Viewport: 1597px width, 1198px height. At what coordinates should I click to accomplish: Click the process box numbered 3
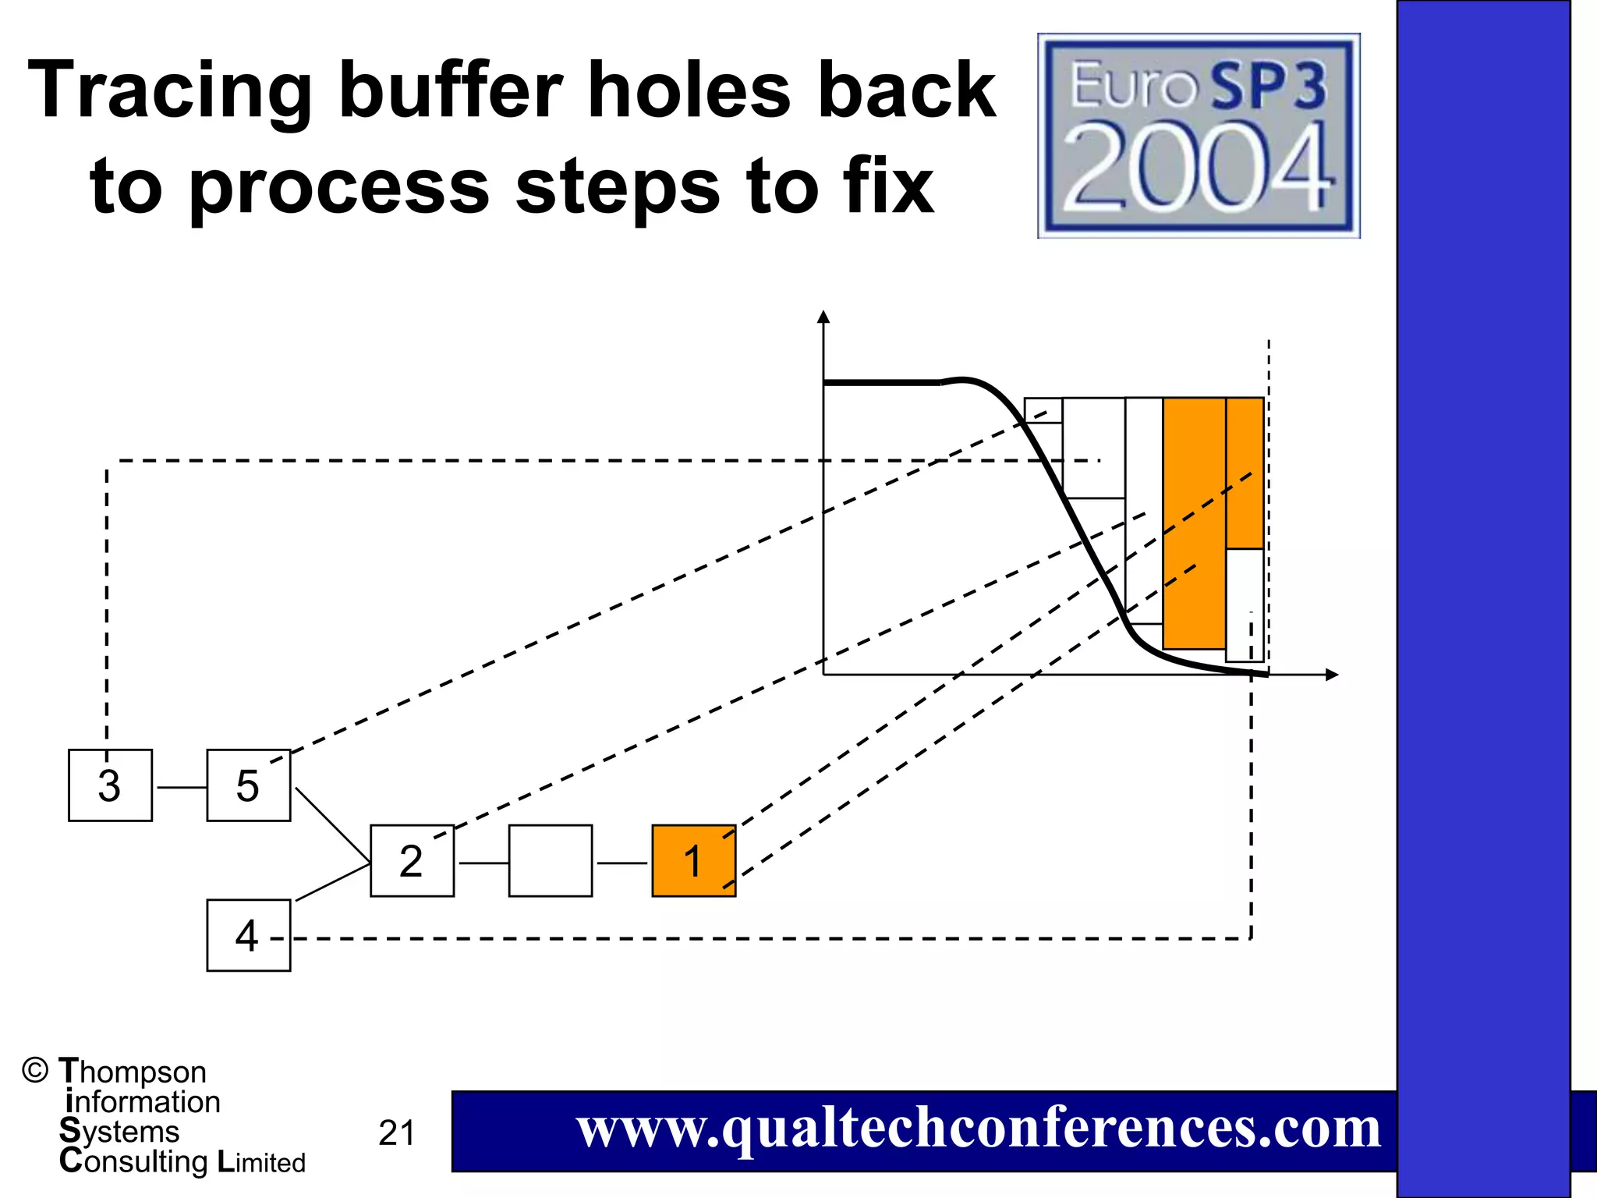(x=110, y=785)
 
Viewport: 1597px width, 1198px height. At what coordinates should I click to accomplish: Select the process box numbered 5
(x=248, y=785)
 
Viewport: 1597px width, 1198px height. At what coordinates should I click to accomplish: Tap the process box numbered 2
(x=412, y=861)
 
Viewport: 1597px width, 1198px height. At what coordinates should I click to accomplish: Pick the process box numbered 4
(x=248, y=935)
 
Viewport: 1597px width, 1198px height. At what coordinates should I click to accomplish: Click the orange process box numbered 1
(x=693, y=861)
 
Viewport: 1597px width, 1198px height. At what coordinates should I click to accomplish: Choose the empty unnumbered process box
(x=550, y=861)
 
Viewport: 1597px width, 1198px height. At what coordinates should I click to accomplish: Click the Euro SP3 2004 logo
(x=1199, y=136)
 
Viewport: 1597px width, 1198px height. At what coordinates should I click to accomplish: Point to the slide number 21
(x=397, y=1133)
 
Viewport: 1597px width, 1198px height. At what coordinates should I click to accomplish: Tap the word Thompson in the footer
(x=133, y=1072)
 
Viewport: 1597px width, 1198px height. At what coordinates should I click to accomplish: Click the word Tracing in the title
(x=169, y=92)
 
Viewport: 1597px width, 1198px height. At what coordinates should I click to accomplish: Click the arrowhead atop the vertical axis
(x=823, y=317)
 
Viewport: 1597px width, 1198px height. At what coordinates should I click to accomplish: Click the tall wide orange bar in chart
(x=1194, y=523)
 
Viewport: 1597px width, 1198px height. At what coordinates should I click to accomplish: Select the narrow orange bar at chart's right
(x=1245, y=473)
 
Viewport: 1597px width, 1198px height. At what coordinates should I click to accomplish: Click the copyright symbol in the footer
(x=35, y=1071)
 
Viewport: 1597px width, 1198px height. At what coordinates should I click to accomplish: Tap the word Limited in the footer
(x=261, y=1162)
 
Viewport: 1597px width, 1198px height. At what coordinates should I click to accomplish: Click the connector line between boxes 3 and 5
(x=180, y=788)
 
